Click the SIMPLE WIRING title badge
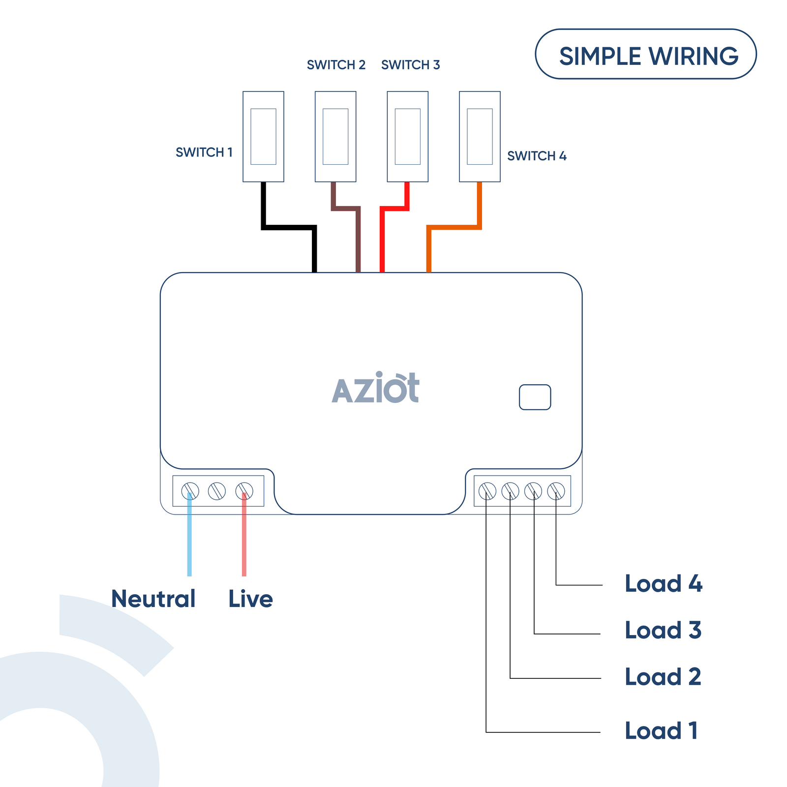645,55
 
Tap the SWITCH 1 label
204,152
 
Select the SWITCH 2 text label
336,65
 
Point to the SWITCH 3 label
410,65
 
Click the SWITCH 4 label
537,156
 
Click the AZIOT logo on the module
376,389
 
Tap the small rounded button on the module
535,397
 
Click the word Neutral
153,599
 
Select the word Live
250,599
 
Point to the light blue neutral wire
189,541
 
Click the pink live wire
244,541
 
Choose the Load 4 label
663,584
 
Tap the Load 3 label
663,630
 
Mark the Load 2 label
663,677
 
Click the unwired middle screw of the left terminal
217,491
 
